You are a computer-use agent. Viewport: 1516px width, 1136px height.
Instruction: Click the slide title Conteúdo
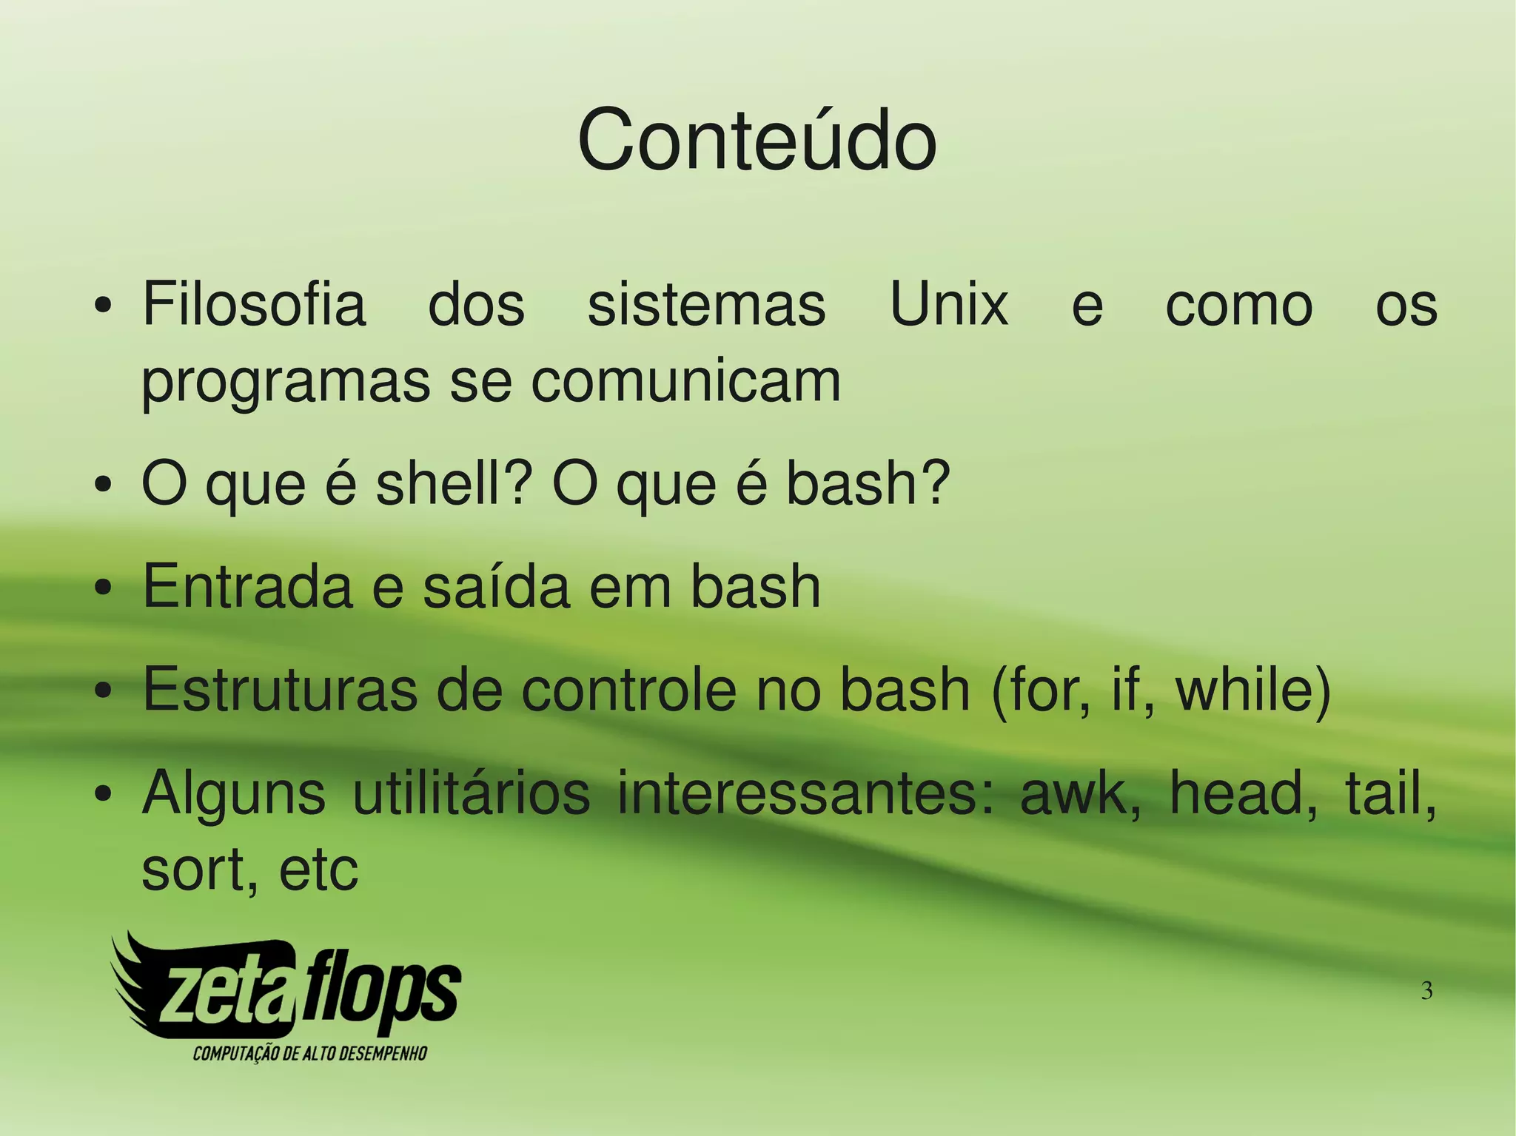(x=757, y=141)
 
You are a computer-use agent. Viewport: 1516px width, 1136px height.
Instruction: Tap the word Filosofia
(x=254, y=304)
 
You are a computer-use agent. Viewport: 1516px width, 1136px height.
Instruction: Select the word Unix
(x=949, y=304)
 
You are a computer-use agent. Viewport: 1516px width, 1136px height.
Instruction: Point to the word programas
(x=286, y=383)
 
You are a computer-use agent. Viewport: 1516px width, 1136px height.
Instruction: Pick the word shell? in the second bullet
(x=454, y=483)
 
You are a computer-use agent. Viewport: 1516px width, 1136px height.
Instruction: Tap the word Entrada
(x=247, y=586)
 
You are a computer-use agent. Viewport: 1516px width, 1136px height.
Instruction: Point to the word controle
(x=628, y=690)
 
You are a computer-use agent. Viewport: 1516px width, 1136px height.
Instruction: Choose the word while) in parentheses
(x=1253, y=690)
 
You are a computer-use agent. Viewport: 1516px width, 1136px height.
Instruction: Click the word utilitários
(x=471, y=793)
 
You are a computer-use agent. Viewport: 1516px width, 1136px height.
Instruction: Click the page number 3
(x=1426, y=990)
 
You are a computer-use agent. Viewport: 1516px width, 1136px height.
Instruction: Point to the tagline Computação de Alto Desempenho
(x=310, y=1053)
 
